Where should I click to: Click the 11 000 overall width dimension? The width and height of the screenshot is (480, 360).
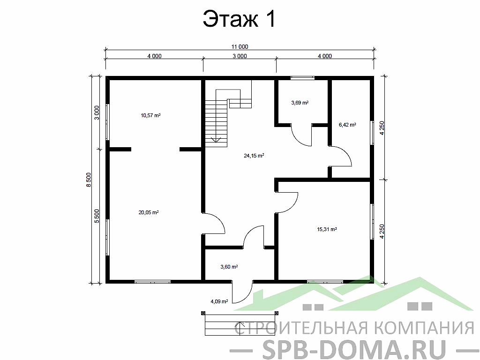click(x=240, y=46)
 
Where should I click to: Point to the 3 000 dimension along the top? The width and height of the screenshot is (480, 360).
click(x=240, y=56)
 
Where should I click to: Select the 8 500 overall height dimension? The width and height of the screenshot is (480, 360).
click(x=88, y=180)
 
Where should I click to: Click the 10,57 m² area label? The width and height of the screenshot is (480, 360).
click(x=150, y=115)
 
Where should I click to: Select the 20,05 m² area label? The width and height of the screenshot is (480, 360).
click(x=148, y=212)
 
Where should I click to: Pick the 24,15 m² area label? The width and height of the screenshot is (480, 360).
click(x=254, y=156)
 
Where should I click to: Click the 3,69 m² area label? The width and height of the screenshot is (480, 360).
click(x=300, y=102)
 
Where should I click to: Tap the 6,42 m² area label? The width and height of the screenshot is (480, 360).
click(x=347, y=125)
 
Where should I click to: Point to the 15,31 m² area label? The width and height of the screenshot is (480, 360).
click(x=327, y=229)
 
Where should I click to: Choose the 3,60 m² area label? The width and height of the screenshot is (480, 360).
click(x=229, y=267)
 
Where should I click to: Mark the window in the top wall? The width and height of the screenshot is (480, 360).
click(x=302, y=78)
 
